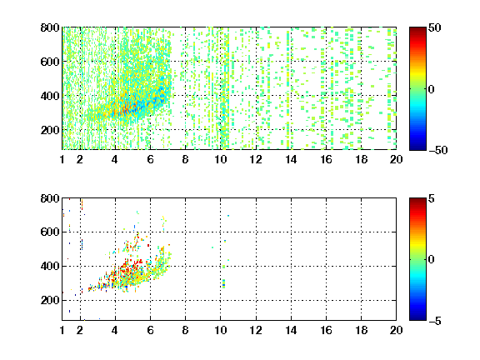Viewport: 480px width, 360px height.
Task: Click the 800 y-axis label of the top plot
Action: point(50,27)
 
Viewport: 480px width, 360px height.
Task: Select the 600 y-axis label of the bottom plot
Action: point(50,232)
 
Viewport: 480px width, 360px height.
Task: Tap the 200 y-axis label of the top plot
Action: point(50,130)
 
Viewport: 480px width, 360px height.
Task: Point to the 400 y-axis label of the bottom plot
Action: point(50,266)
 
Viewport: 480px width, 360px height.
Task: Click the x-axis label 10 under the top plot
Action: point(220,159)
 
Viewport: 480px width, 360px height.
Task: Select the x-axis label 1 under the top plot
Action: point(62,159)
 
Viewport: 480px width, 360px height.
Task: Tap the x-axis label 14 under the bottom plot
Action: point(291,330)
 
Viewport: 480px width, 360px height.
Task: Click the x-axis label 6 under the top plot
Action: point(150,159)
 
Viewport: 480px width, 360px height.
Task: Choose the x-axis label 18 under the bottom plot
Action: point(361,330)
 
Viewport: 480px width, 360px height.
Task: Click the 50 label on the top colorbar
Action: point(435,27)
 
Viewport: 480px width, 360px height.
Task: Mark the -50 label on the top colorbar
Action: point(438,150)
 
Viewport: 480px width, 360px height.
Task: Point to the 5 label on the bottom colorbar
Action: point(432,198)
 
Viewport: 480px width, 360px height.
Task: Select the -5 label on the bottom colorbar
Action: point(435,321)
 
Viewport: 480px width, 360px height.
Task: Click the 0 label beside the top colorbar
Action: point(432,89)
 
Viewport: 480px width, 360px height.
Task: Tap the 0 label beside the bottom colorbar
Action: point(432,260)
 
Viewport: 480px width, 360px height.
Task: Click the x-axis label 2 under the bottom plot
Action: point(80,330)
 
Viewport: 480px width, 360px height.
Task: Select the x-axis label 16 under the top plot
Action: point(326,159)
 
